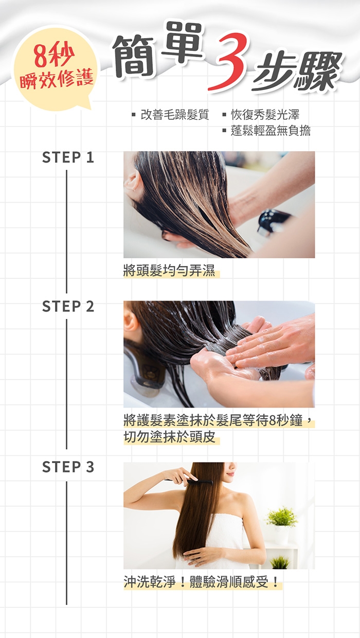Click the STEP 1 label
[x=68, y=157]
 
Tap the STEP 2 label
[x=68, y=307]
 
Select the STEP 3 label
[x=68, y=467]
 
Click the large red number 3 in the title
[x=230, y=61]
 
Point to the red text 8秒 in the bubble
[x=55, y=55]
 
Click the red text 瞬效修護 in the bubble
[x=57, y=79]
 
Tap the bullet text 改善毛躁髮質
[x=175, y=115]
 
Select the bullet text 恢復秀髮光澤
[x=265, y=115]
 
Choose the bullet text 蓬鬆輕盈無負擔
[x=271, y=131]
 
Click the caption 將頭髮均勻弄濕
[x=169, y=270]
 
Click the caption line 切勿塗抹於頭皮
[x=169, y=437]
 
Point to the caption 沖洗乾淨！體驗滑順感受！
[x=201, y=581]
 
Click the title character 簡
[x=134, y=56]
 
